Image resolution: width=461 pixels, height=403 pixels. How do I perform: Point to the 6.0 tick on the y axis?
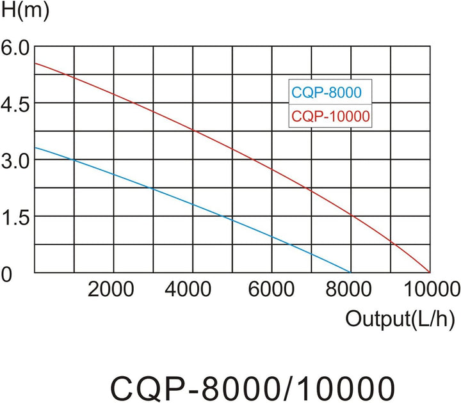(x=15, y=47)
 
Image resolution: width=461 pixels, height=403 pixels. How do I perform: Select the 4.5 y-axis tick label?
(x=15, y=104)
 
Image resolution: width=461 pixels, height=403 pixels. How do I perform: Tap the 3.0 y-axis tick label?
(x=15, y=161)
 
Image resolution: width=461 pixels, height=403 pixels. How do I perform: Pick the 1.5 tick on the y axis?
(x=15, y=217)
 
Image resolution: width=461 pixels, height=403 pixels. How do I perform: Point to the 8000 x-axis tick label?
(x=350, y=288)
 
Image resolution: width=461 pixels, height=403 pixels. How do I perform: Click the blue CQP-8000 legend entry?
(x=327, y=92)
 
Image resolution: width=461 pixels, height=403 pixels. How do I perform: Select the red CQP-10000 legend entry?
(x=331, y=116)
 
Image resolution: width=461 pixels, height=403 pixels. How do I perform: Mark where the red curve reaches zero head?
(x=429, y=273)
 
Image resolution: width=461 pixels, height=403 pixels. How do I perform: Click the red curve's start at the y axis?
(x=35, y=63)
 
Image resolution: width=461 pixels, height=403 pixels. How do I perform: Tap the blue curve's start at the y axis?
(x=35, y=148)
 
